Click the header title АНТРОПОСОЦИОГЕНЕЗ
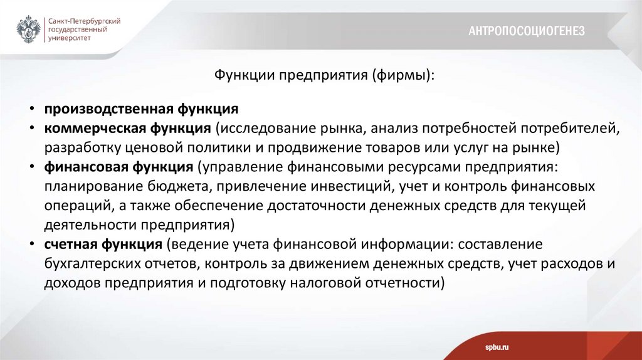(x=527, y=31)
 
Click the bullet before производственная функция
(x=31, y=109)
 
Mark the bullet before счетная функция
(x=31, y=244)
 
